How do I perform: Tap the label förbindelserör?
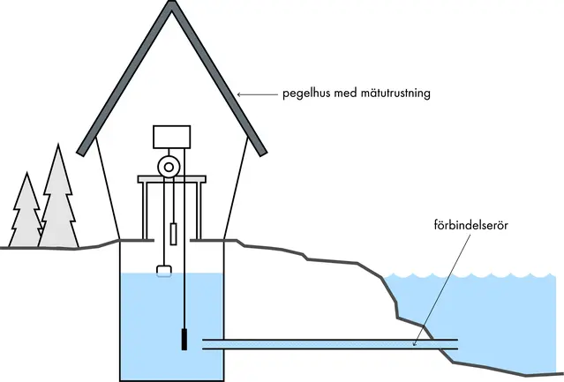[x=470, y=225]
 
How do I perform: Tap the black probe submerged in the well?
[x=184, y=339]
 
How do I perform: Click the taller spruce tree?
[x=59, y=198]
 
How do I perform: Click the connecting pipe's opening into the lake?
[x=455, y=344]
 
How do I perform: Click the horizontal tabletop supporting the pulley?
[x=171, y=180]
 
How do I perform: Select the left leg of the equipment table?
[x=144, y=210]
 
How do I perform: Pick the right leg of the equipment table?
[x=199, y=210]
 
